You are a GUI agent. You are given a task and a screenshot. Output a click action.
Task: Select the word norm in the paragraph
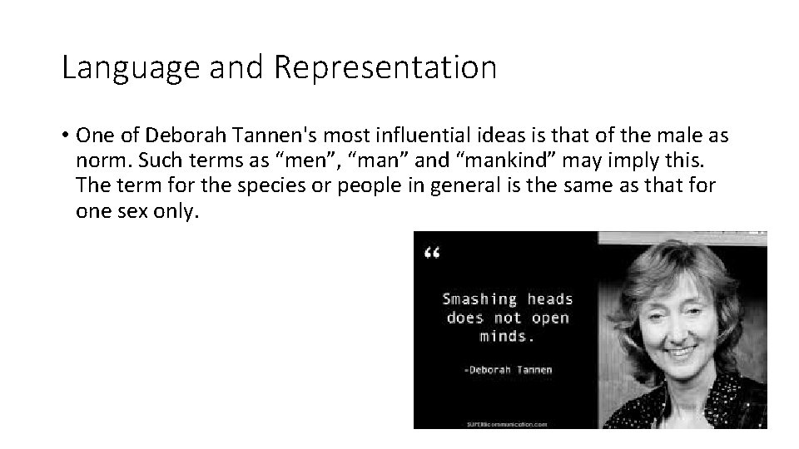[98, 160]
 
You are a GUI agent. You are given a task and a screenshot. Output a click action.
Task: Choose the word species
[267, 185]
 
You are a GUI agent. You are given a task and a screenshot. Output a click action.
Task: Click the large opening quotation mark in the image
[432, 254]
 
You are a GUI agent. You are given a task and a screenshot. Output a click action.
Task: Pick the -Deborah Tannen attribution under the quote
[508, 370]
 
